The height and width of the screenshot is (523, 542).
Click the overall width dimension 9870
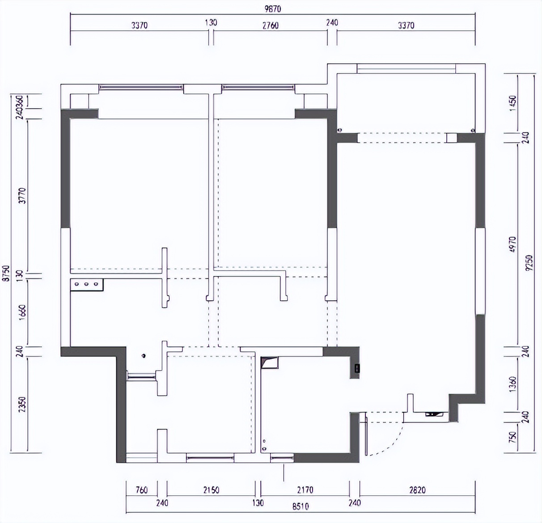click(272, 8)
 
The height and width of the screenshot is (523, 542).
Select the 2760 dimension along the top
click(270, 25)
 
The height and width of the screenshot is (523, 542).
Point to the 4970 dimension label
click(512, 245)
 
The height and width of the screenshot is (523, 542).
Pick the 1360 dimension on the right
click(512, 383)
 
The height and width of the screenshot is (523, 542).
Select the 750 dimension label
click(512, 436)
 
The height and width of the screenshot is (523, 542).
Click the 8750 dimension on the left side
click(5, 273)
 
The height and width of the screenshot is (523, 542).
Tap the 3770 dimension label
click(23, 196)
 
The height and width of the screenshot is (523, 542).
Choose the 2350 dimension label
click(23, 405)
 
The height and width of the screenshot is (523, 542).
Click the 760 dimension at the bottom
click(141, 490)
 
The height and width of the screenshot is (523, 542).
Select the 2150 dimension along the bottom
click(211, 490)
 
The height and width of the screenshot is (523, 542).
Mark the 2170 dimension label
click(305, 490)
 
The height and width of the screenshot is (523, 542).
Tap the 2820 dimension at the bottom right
click(417, 490)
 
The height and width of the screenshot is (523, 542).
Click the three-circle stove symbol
click(87, 284)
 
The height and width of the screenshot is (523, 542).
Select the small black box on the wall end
click(357, 368)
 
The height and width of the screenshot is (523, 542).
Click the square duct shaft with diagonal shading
click(269, 363)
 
